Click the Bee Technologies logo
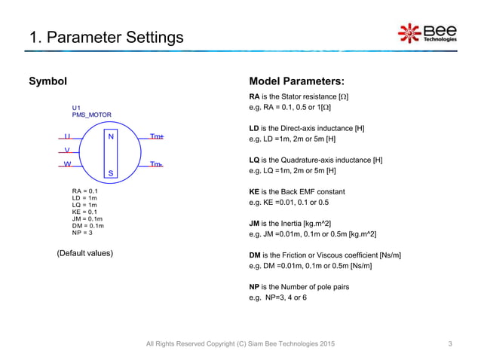pyautogui.click(x=427, y=33)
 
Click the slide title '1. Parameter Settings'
pyautogui.click(x=106, y=37)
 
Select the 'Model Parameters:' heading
pyautogui.click(x=296, y=81)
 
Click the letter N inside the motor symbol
pyautogui.click(x=111, y=137)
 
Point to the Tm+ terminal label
pyautogui.click(x=157, y=137)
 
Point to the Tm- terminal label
pyautogui.click(x=156, y=163)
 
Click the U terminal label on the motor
pyautogui.click(x=67, y=137)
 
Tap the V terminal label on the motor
pyautogui.click(x=67, y=151)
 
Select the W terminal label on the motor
pyautogui.click(x=67, y=163)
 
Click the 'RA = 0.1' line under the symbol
pyautogui.click(x=84, y=191)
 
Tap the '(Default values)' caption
pyautogui.click(x=84, y=253)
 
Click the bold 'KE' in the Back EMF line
pyautogui.click(x=254, y=192)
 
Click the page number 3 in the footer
pyautogui.click(x=449, y=344)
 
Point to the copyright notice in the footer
pyautogui.click(x=240, y=344)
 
